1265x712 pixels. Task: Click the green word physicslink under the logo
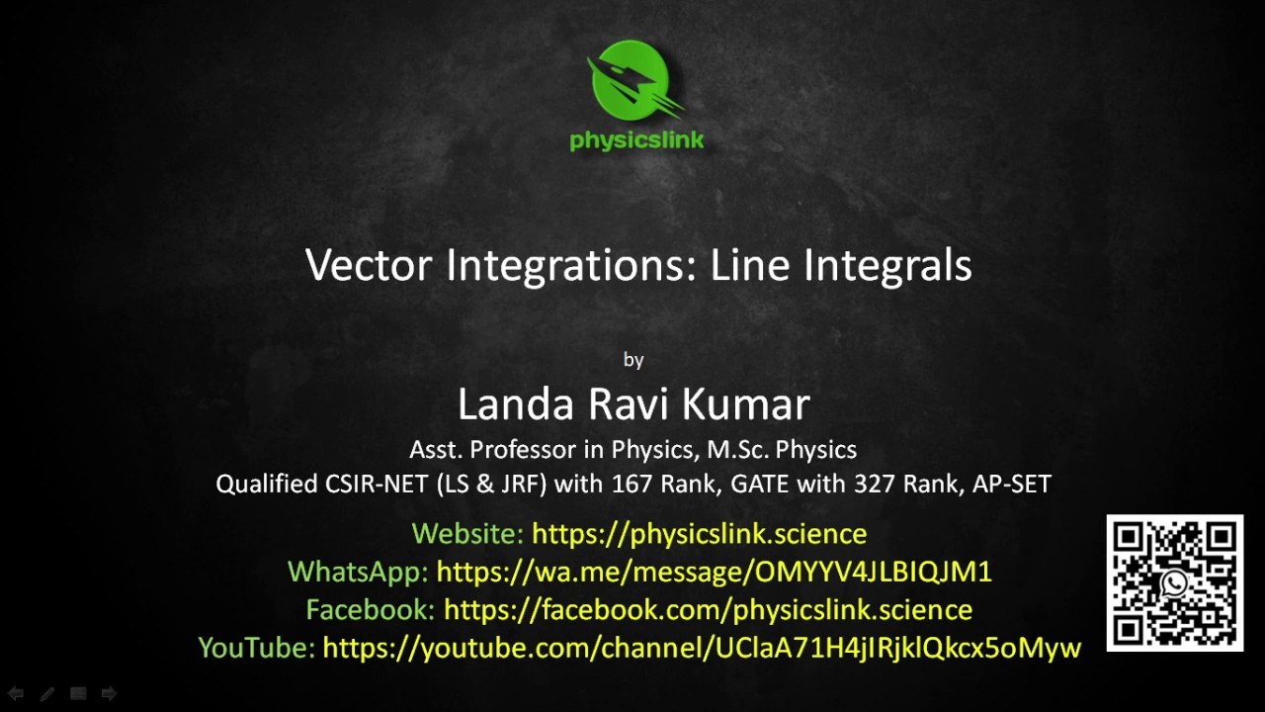point(636,139)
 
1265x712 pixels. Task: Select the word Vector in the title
point(369,265)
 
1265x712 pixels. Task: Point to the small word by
point(633,360)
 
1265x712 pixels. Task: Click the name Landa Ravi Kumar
point(633,404)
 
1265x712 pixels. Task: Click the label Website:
point(467,534)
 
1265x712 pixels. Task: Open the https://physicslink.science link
point(699,534)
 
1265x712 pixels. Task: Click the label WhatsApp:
point(358,572)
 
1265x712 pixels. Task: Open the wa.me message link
point(714,572)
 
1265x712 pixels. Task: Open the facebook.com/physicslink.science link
point(708,609)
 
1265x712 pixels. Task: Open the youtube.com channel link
point(702,648)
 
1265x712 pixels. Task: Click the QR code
point(1174,582)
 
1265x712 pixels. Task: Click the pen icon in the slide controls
point(46,694)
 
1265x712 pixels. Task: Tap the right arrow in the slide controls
point(109,694)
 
